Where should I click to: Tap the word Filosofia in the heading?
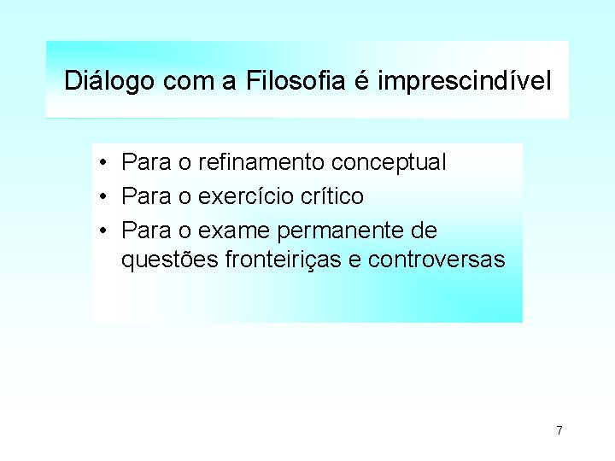(x=296, y=82)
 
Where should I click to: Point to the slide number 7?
(x=559, y=429)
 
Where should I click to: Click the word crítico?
(x=332, y=197)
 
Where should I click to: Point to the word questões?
(x=170, y=260)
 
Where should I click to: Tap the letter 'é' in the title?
(x=360, y=82)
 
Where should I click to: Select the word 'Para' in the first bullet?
(x=144, y=162)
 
